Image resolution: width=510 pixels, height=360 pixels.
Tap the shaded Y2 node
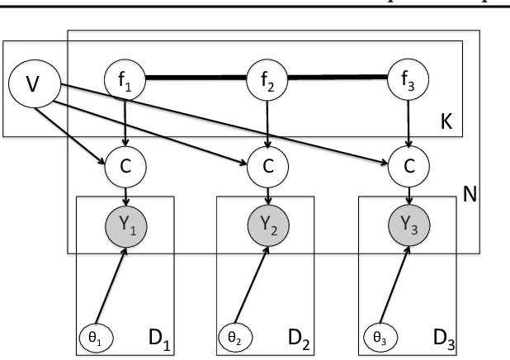[x=267, y=225]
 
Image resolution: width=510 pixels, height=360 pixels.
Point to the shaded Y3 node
[x=409, y=225]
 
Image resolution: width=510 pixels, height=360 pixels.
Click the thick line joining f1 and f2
[x=196, y=79]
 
